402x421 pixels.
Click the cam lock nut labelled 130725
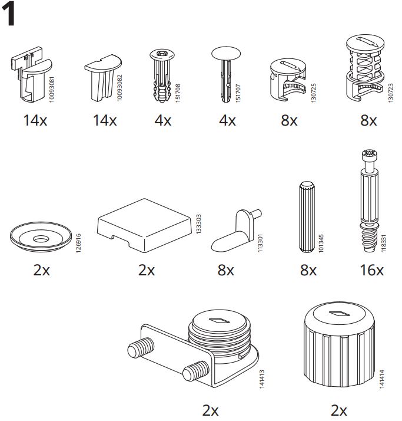[x=288, y=81]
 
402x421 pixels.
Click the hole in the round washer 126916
[x=41, y=239]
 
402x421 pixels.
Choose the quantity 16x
[x=371, y=271]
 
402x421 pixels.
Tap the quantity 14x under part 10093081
[x=35, y=121]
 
